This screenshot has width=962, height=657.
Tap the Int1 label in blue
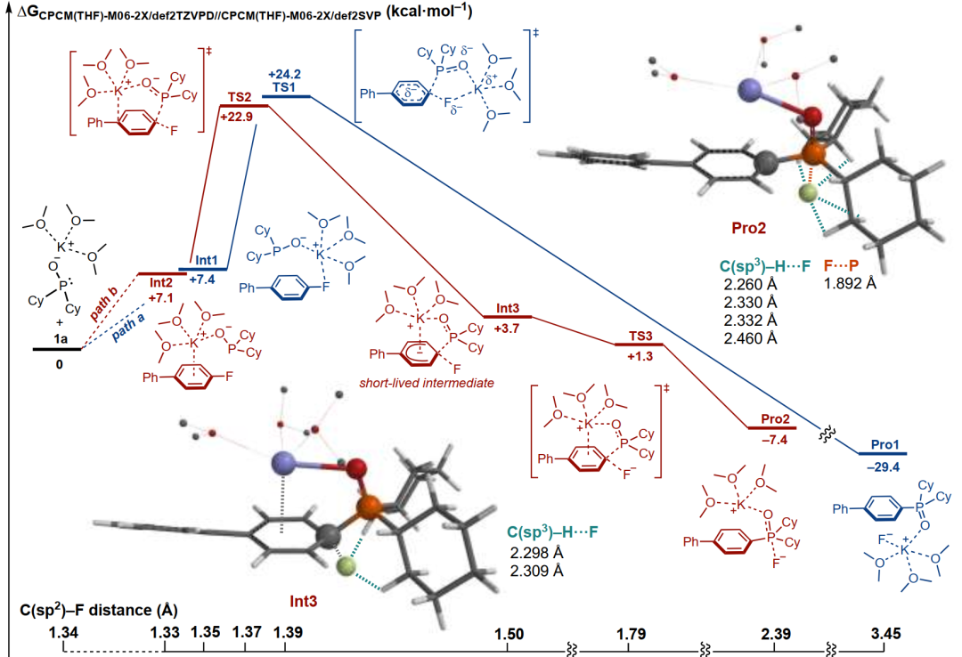point(206,261)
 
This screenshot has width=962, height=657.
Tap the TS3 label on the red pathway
point(640,337)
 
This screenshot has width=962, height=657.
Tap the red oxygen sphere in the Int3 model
point(355,468)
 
